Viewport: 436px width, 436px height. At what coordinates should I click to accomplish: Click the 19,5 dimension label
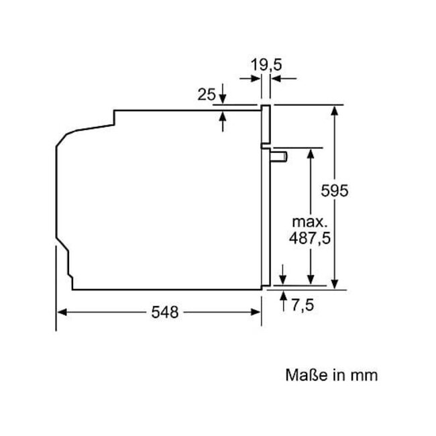click(266, 65)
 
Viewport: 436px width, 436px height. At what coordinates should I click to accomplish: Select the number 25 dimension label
click(207, 95)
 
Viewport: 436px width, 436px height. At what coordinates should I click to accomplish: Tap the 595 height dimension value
click(335, 190)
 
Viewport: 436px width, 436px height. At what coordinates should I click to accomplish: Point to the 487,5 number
click(310, 238)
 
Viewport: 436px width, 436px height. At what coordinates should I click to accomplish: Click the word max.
click(309, 221)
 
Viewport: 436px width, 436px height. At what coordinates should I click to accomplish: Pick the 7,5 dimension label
click(303, 305)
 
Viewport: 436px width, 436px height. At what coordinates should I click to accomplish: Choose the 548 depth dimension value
click(164, 313)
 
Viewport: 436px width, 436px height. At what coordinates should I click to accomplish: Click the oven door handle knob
click(278, 156)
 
